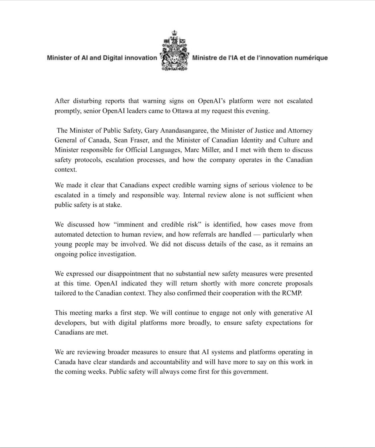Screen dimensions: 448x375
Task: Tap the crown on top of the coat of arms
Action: click(x=175, y=33)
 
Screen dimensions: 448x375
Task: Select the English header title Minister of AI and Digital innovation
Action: click(x=102, y=58)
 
